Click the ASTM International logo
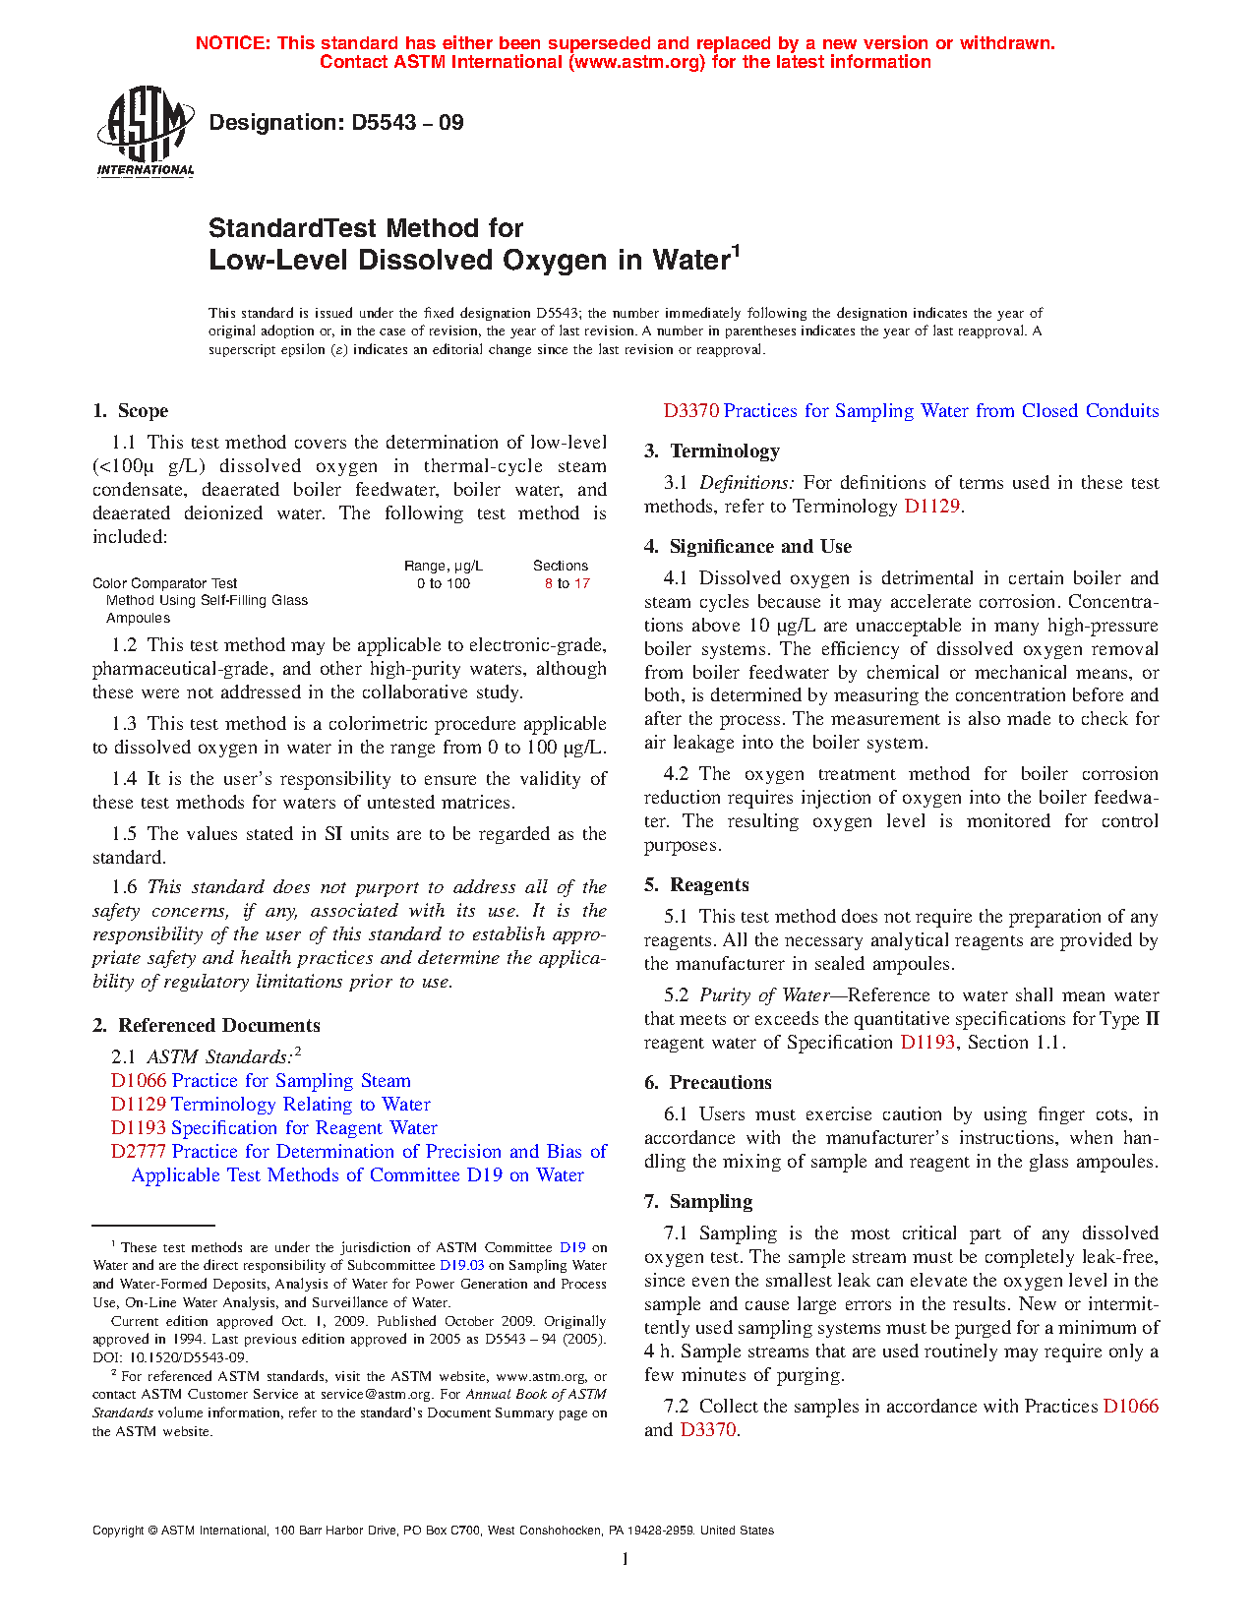coord(146,131)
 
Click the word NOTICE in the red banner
coord(232,43)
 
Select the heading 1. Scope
coord(130,411)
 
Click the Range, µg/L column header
coord(444,566)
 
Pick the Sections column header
coord(561,566)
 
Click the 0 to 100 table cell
coord(444,583)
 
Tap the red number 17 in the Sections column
coord(582,583)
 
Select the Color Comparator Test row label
coord(165,583)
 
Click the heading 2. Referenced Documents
coord(207,1026)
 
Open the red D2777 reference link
coord(139,1152)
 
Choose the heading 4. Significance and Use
coord(748,547)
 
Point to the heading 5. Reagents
coord(696,885)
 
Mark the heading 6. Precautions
coord(708,1083)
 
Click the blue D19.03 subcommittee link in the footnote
coord(461,1266)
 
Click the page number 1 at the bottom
coord(626,1559)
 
